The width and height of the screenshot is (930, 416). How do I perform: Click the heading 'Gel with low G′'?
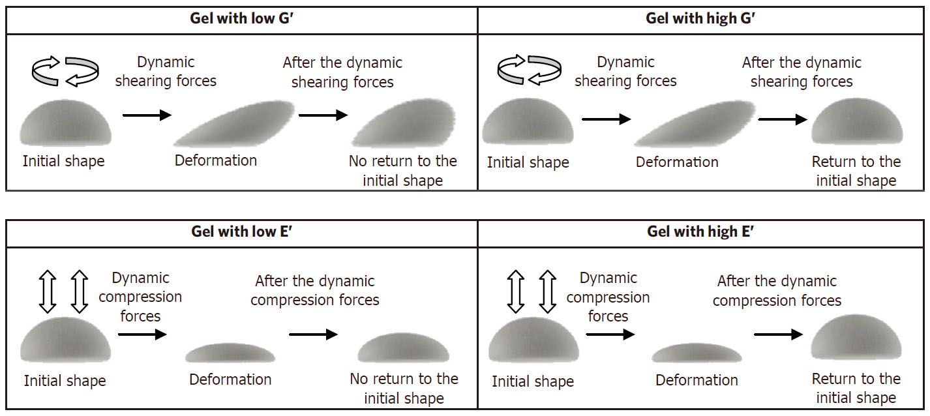click(241, 18)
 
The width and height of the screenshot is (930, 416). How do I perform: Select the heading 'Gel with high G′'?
click(700, 18)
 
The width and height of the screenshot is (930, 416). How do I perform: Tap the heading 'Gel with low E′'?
click(241, 231)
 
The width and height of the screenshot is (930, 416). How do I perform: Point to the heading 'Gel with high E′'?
click(700, 231)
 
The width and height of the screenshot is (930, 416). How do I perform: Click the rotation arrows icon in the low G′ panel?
click(66, 71)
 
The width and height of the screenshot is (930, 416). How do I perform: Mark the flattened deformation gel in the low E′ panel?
click(230, 353)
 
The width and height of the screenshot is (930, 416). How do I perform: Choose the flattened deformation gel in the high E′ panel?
click(697, 353)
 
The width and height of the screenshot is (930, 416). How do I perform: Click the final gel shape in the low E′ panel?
click(403, 348)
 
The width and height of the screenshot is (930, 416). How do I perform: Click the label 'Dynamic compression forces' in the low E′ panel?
click(140, 297)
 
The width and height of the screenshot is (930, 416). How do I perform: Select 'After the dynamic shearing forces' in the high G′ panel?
click(802, 72)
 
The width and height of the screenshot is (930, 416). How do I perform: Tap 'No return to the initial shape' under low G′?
click(403, 170)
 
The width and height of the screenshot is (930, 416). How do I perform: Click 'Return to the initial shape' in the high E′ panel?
click(856, 388)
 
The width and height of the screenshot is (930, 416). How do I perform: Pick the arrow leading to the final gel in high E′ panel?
click(777, 334)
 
